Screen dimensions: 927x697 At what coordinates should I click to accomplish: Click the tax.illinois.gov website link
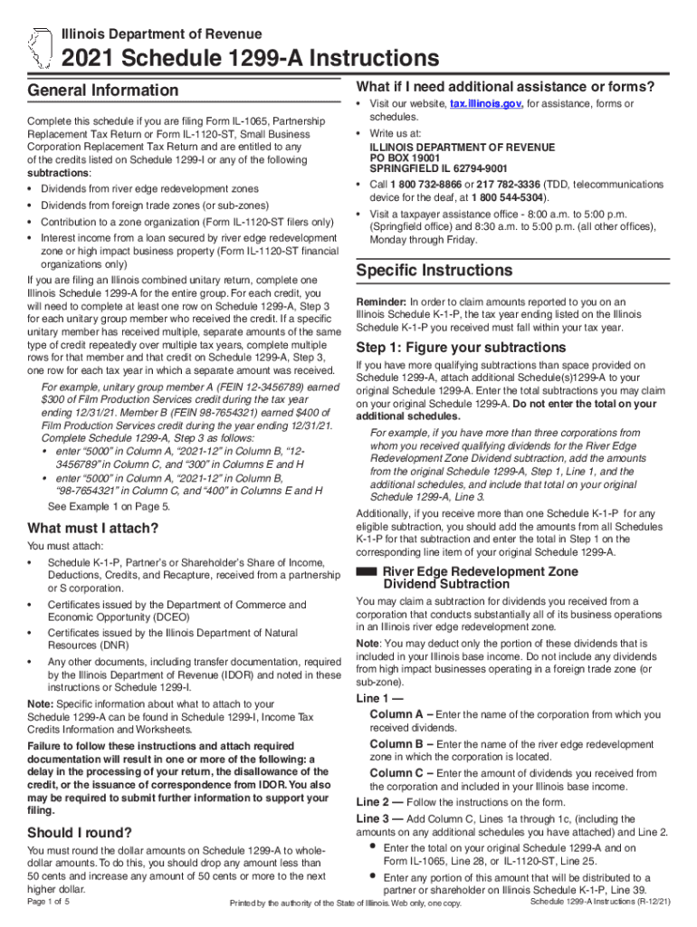coord(486,105)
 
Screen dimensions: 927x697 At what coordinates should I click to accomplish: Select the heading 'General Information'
coord(103,91)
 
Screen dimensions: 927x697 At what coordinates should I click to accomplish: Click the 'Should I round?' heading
coord(81,833)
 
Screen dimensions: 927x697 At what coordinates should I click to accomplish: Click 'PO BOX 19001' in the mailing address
coord(408,158)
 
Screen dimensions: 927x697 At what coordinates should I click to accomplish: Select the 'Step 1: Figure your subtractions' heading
coord(461,348)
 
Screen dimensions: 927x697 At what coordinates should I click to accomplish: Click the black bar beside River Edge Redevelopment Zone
coord(367,572)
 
